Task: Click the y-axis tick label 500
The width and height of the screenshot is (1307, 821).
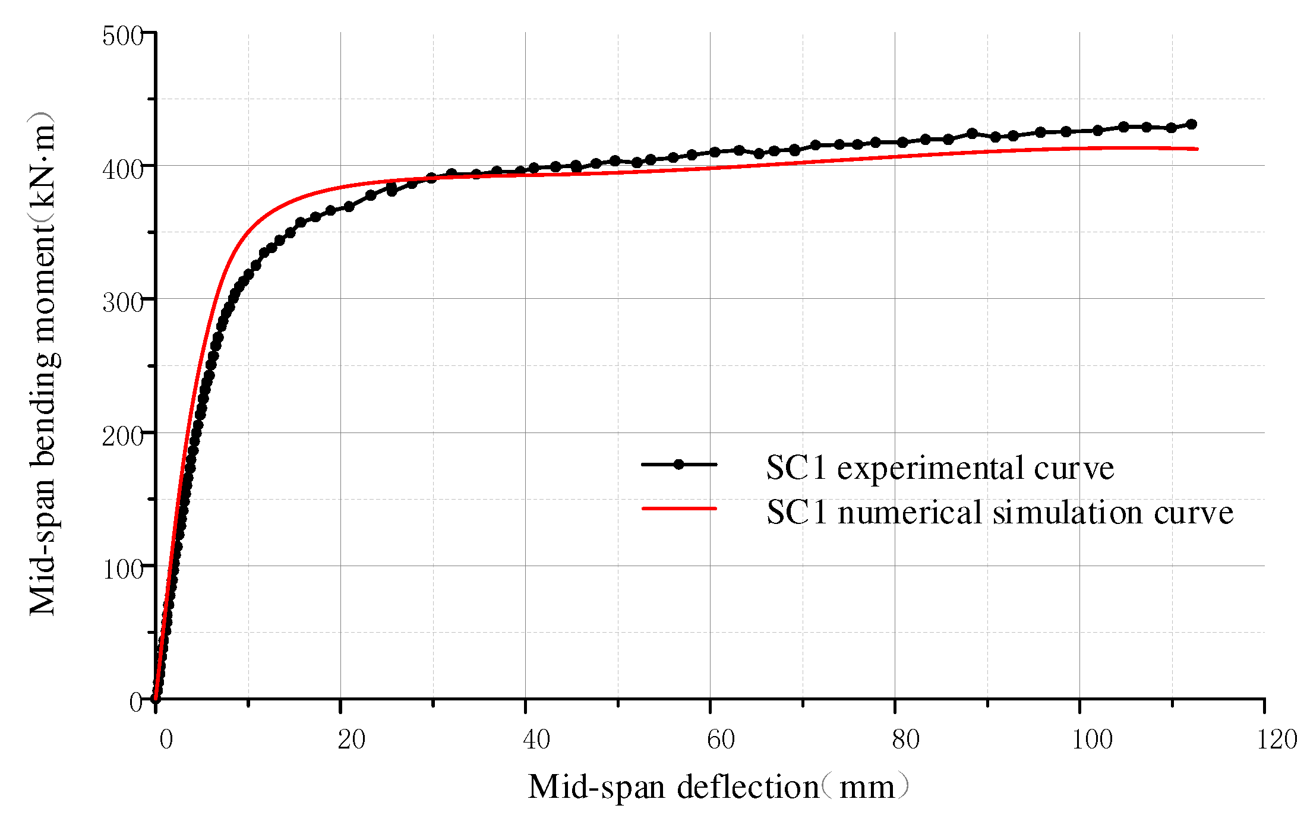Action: (x=123, y=36)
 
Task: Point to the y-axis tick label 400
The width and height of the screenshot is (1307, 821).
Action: (x=123, y=169)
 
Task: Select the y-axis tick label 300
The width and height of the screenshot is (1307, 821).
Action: (x=123, y=303)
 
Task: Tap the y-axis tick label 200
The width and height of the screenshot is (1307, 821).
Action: (x=123, y=437)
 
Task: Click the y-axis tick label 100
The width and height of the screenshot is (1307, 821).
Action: (x=123, y=570)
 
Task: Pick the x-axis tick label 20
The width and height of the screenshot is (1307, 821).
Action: (x=352, y=740)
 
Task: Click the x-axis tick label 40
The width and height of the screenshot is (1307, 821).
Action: (x=536, y=740)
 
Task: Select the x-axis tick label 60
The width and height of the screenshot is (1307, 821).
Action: (x=721, y=740)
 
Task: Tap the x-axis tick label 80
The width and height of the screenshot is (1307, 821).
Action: (x=906, y=740)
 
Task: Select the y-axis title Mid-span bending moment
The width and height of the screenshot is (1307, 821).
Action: (x=43, y=364)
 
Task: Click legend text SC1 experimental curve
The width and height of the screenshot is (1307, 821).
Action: (x=940, y=468)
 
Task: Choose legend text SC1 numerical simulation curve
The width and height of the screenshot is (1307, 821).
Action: (x=1000, y=513)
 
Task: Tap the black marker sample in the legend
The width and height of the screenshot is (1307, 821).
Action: (x=679, y=465)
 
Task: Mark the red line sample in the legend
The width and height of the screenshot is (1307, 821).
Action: (x=679, y=509)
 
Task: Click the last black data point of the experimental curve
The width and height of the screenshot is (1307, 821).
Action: (x=1191, y=124)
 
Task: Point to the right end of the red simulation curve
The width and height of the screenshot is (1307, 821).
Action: (x=1197, y=149)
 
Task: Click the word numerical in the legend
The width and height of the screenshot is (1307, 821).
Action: (x=910, y=513)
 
